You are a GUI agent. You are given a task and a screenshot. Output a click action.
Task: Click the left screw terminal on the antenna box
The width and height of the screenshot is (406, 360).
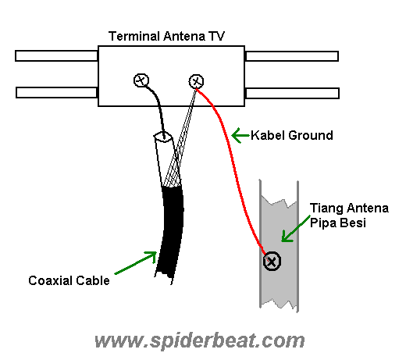[x=141, y=80]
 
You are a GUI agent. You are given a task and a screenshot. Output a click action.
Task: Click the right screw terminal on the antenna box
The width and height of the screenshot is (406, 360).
[x=197, y=80]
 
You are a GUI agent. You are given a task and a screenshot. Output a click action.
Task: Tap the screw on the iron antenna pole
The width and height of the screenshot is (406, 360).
[x=272, y=262]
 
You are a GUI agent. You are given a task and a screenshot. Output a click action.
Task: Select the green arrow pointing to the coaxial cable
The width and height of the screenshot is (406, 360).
[x=136, y=263]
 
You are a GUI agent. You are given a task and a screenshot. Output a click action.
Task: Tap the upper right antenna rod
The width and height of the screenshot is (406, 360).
[x=292, y=56]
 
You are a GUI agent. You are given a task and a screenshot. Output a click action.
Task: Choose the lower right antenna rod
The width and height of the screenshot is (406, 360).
[x=292, y=93]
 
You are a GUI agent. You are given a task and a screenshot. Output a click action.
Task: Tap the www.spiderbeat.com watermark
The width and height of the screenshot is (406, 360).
[x=199, y=340]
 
